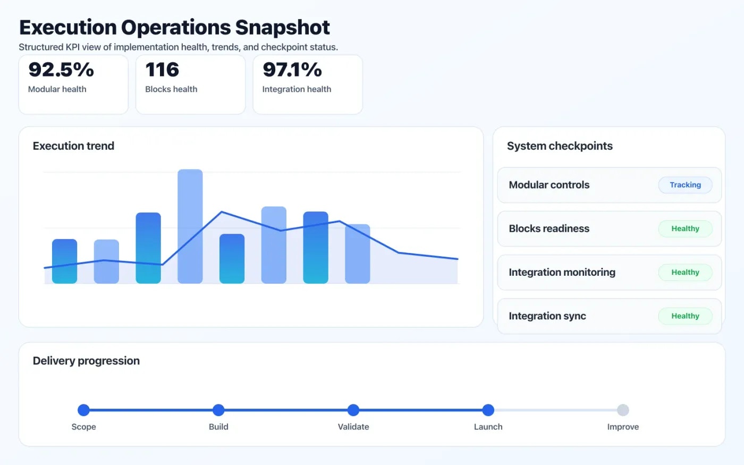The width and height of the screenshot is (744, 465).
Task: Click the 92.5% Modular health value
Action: click(x=61, y=70)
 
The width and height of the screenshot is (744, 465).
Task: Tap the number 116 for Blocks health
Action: click(x=162, y=70)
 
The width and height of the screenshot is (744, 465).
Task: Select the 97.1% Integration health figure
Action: click(x=292, y=70)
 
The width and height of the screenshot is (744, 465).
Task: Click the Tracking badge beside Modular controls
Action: click(x=685, y=185)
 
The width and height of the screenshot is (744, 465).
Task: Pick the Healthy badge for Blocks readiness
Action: click(x=685, y=229)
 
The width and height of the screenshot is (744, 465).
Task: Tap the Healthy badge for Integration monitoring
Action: click(x=685, y=272)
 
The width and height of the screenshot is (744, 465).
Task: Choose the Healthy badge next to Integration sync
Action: click(x=685, y=316)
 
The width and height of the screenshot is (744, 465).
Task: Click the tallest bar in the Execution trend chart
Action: click(x=190, y=226)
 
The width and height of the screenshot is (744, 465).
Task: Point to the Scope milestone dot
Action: click(x=83, y=410)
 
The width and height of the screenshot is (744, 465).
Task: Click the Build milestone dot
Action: click(x=218, y=410)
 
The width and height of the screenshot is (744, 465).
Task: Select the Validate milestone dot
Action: click(x=353, y=410)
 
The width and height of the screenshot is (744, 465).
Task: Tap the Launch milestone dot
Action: click(x=488, y=410)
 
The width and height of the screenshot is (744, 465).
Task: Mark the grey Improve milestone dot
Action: click(x=623, y=410)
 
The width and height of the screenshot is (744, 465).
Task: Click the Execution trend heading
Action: click(x=73, y=146)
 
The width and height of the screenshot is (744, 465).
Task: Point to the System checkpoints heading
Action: click(x=560, y=146)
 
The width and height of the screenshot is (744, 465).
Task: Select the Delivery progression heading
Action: click(x=86, y=361)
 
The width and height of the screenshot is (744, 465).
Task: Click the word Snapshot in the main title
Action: click(x=282, y=28)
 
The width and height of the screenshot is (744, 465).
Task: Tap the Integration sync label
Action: click(x=547, y=316)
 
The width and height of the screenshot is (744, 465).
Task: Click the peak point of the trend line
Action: click(x=222, y=212)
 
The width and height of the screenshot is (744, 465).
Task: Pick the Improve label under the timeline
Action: click(x=623, y=427)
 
